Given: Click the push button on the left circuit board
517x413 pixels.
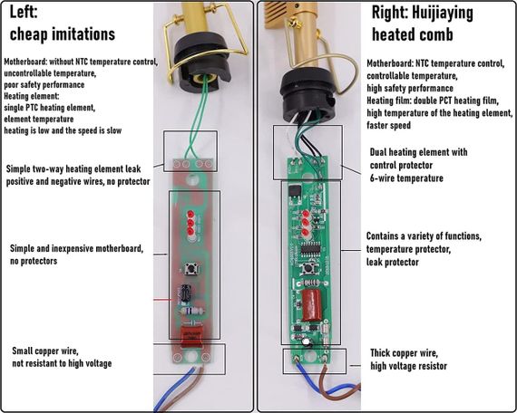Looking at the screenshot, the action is (190, 268).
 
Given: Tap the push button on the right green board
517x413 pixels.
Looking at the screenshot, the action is (308, 268).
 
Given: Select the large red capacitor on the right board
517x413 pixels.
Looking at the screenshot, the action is (311, 305).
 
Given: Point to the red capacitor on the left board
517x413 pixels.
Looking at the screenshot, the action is (191, 336).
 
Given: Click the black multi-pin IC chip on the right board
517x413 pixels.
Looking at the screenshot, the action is (310, 248).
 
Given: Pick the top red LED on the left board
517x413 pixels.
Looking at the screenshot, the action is (190, 215).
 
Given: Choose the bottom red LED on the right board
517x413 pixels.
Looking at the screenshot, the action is (306, 233).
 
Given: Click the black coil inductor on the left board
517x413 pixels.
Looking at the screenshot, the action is (185, 293).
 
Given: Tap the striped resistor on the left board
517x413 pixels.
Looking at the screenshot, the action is (191, 311).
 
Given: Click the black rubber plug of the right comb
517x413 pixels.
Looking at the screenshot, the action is (308, 95).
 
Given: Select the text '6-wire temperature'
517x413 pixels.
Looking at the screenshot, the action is (406, 178).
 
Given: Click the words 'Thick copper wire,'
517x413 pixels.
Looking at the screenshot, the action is (405, 353).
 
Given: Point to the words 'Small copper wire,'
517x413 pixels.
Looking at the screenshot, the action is (45, 351).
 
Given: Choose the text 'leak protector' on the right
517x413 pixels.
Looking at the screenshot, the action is (393, 262).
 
